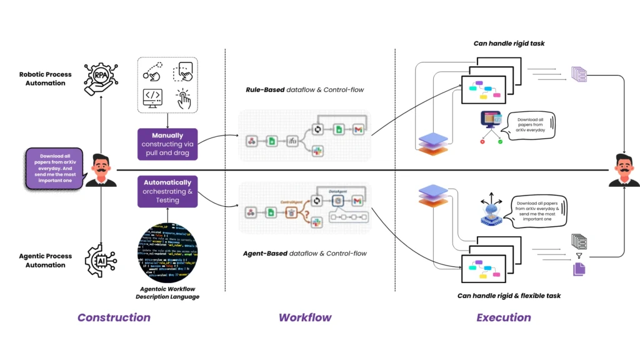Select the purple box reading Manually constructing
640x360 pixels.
click(x=167, y=140)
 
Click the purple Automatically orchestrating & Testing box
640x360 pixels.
click(x=167, y=191)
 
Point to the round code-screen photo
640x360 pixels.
click(x=167, y=256)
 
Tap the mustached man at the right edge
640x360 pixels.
click(x=624, y=170)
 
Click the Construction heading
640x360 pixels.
click(x=114, y=317)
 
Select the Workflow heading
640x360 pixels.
click(x=305, y=317)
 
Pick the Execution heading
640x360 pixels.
click(x=504, y=317)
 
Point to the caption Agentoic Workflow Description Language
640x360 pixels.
click(x=167, y=292)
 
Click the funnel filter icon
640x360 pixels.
click(x=578, y=256)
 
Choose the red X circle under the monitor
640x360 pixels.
click(x=482, y=142)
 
